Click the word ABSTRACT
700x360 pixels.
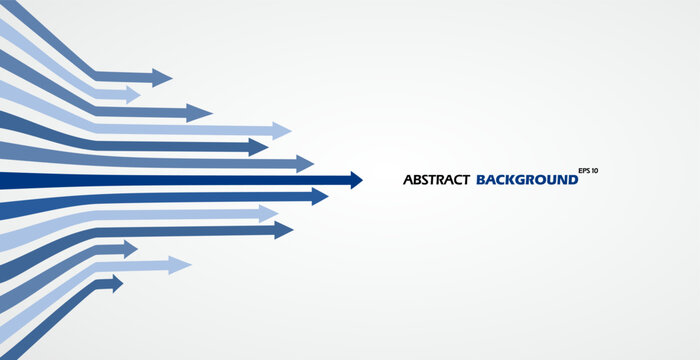(436, 180)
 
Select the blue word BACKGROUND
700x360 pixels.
(527, 180)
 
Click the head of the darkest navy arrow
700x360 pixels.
(354, 180)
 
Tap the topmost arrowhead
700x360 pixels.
(163, 77)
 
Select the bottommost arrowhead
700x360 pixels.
(116, 284)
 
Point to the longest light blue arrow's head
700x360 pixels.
(282, 130)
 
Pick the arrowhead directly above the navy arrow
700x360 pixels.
(305, 163)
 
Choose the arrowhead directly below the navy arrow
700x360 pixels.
(320, 196)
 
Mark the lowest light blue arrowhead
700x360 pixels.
(180, 265)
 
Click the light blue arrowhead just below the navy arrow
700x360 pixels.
(268, 213)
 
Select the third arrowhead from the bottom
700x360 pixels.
(130, 249)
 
